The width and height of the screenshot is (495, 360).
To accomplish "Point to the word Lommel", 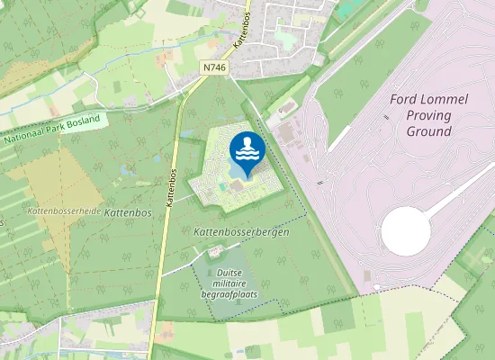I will pos(444,99).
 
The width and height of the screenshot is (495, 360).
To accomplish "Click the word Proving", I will pos(427,115).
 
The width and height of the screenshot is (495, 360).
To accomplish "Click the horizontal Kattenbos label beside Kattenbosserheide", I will pos(127,212).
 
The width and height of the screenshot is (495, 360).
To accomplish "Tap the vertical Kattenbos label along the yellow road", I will pos(169,187).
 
